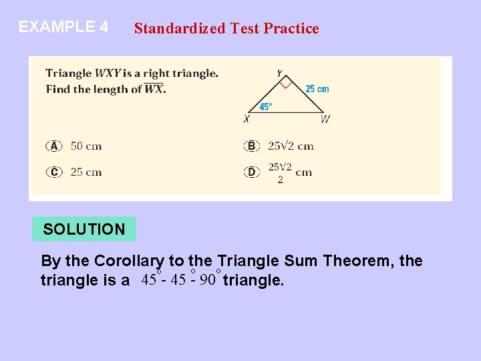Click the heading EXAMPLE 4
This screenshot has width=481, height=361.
click(x=63, y=27)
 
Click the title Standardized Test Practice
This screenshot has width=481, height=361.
click(x=226, y=28)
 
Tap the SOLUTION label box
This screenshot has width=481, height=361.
click(x=84, y=229)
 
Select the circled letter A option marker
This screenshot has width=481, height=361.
click(x=54, y=146)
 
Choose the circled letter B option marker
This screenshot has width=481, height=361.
click(x=252, y=146)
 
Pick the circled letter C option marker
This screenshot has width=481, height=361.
click(x=54, y=172)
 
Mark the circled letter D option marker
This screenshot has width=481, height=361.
click(x=252, y=172)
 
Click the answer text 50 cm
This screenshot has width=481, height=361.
click(x=86, y=146)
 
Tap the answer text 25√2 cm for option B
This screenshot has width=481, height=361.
click(x=291, y=146)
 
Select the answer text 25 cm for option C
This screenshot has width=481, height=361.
click(x=86, y=172)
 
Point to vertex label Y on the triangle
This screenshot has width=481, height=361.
click(x=279, y=73)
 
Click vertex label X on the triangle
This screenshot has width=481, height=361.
click(x=247, y=120)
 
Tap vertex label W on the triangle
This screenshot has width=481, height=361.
click(x=325, y=120)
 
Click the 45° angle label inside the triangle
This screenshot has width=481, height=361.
click(x=265, y=106)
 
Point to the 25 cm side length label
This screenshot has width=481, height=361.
click(x=317, y=89)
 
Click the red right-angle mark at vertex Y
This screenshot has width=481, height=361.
click(x=285, y=85)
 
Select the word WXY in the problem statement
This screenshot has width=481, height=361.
click(x=108, y=74)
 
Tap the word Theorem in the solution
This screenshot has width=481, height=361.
click(x=359, y=261)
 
